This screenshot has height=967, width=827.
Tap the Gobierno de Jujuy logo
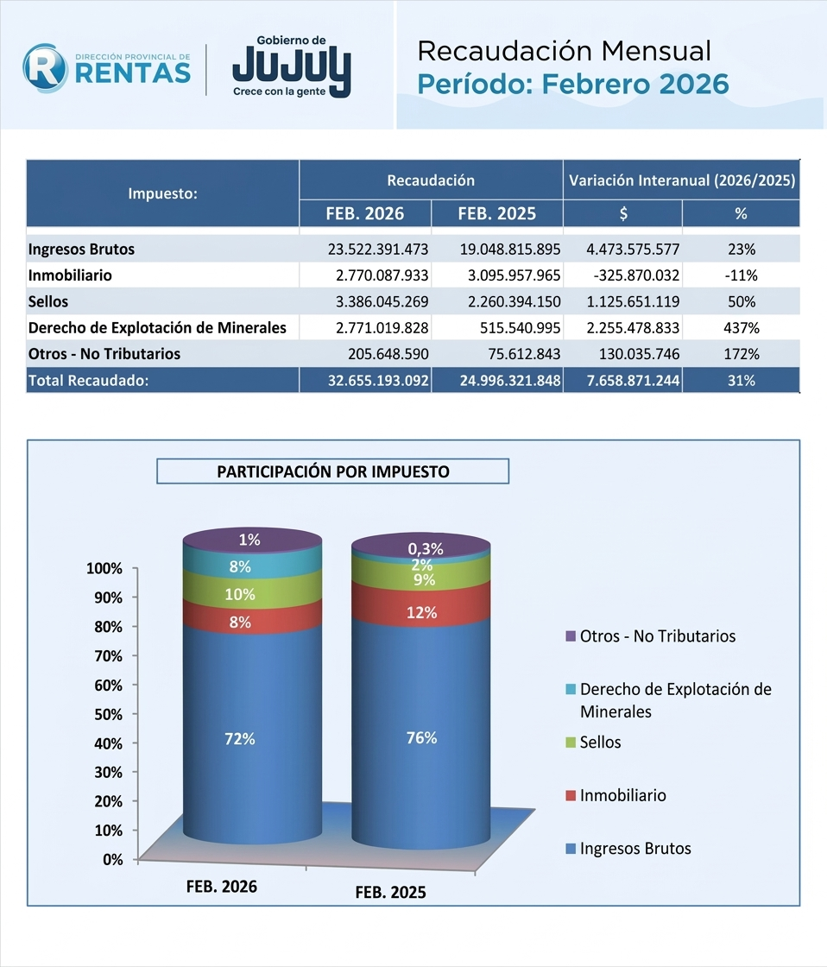[291, 66]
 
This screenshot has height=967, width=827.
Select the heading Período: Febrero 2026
[573, 84]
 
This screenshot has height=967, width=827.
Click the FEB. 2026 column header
[365, 213]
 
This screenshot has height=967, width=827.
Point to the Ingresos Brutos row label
[81, 250]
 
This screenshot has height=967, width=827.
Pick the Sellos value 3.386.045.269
[378, 302]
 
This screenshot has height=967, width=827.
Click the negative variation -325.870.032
[633, 276]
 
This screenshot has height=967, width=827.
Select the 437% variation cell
[742, 328]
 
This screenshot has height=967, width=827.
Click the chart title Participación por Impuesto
[332, 471]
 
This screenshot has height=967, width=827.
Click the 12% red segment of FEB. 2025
[421, 613]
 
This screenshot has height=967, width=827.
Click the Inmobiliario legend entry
[622, 795]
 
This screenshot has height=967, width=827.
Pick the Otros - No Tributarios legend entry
[657, 636]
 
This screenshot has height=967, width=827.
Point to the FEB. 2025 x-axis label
[391, 894]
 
